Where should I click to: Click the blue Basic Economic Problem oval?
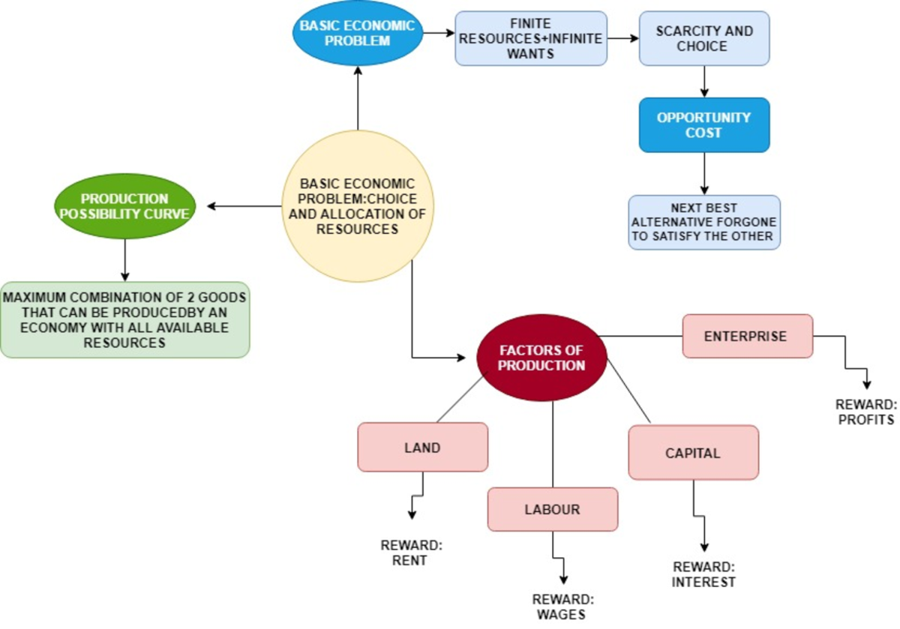357,33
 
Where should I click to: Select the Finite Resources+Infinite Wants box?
531,38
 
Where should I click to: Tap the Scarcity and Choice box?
704,38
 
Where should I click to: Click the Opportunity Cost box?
704,125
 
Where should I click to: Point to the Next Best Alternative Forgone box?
704,223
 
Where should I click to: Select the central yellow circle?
357,206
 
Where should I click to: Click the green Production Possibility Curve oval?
125,206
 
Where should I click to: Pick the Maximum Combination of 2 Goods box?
125,320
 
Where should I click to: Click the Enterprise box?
747,336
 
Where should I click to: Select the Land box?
422,448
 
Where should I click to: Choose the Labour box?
553,509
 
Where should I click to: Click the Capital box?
693,453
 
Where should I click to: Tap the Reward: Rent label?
412,553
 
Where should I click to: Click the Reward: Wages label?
562,607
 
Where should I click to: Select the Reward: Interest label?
703,574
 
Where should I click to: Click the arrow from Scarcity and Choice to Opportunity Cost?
704,81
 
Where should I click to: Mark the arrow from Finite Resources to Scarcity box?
622,36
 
